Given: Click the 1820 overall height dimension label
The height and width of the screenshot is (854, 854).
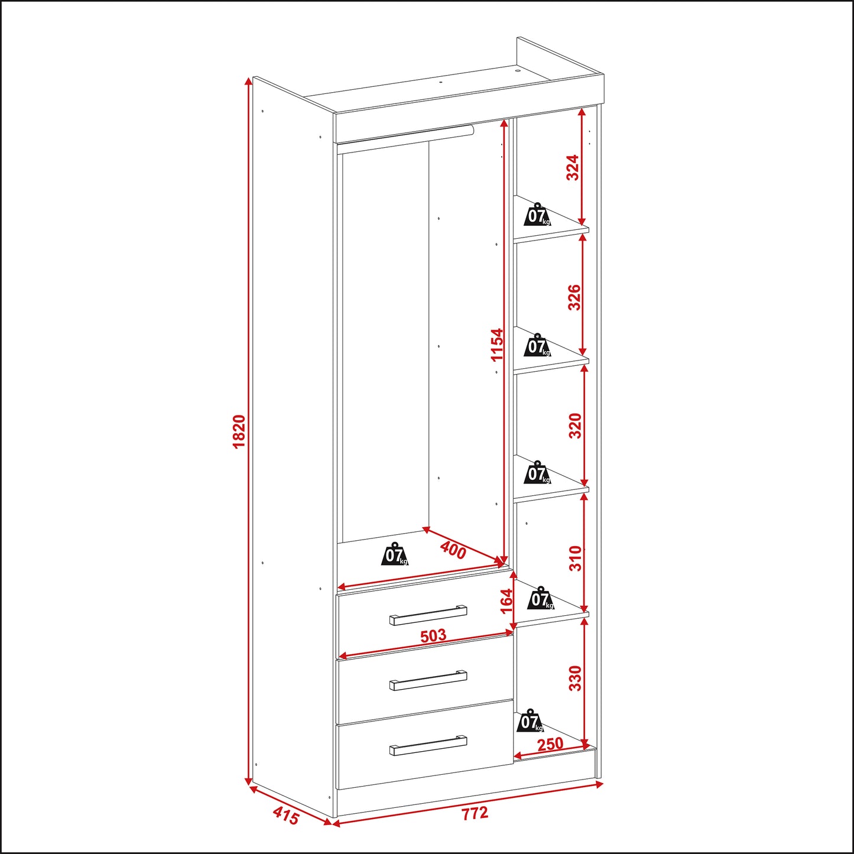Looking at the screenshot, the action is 239,431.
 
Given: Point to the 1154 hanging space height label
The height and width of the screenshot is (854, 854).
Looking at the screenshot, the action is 498,345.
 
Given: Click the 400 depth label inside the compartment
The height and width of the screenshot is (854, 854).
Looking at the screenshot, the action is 453,551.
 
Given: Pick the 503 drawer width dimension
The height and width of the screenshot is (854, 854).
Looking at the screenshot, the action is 433,636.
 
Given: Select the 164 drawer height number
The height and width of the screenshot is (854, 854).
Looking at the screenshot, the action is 506,600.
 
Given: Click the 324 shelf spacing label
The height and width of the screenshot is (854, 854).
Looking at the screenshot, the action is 573,167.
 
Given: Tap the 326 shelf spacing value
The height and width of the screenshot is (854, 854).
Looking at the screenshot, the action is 574,297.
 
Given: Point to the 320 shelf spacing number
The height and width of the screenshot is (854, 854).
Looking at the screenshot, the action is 575,426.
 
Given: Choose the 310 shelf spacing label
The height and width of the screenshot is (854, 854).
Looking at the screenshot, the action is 575,558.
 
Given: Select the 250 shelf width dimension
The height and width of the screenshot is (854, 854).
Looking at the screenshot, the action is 550,743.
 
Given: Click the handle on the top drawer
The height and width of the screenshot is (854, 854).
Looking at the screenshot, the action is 428,615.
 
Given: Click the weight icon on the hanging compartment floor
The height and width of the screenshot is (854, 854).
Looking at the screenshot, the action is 394,554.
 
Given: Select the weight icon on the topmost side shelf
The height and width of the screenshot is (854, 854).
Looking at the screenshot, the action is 538,214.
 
